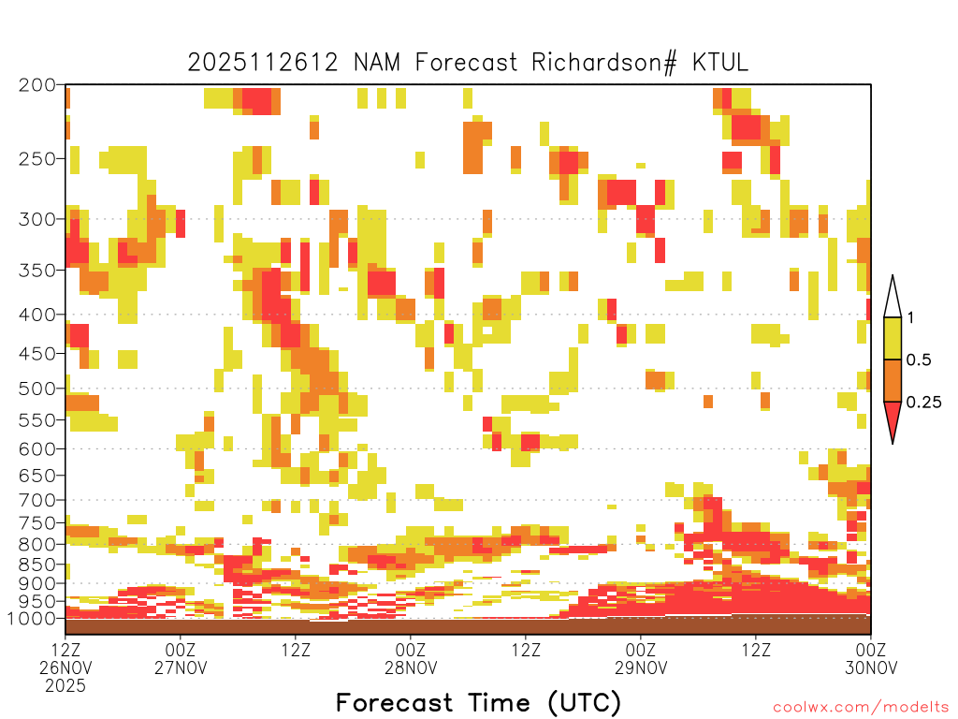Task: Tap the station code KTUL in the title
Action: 719,63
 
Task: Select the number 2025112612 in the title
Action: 263,63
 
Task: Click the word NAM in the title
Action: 377,63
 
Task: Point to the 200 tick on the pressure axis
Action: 37,85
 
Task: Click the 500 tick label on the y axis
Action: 37,389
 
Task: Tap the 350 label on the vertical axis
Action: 37,270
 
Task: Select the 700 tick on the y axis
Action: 37,500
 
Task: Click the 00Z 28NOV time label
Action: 411,658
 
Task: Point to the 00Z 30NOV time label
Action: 871,658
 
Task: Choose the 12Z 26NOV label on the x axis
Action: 65,658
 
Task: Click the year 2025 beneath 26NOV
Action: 65,685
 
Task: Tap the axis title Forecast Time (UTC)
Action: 478,702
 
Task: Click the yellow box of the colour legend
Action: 893,338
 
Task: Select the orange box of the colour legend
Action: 893,380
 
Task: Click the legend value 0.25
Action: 923,403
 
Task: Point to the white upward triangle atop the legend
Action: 893,299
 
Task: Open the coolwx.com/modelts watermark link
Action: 864,708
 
